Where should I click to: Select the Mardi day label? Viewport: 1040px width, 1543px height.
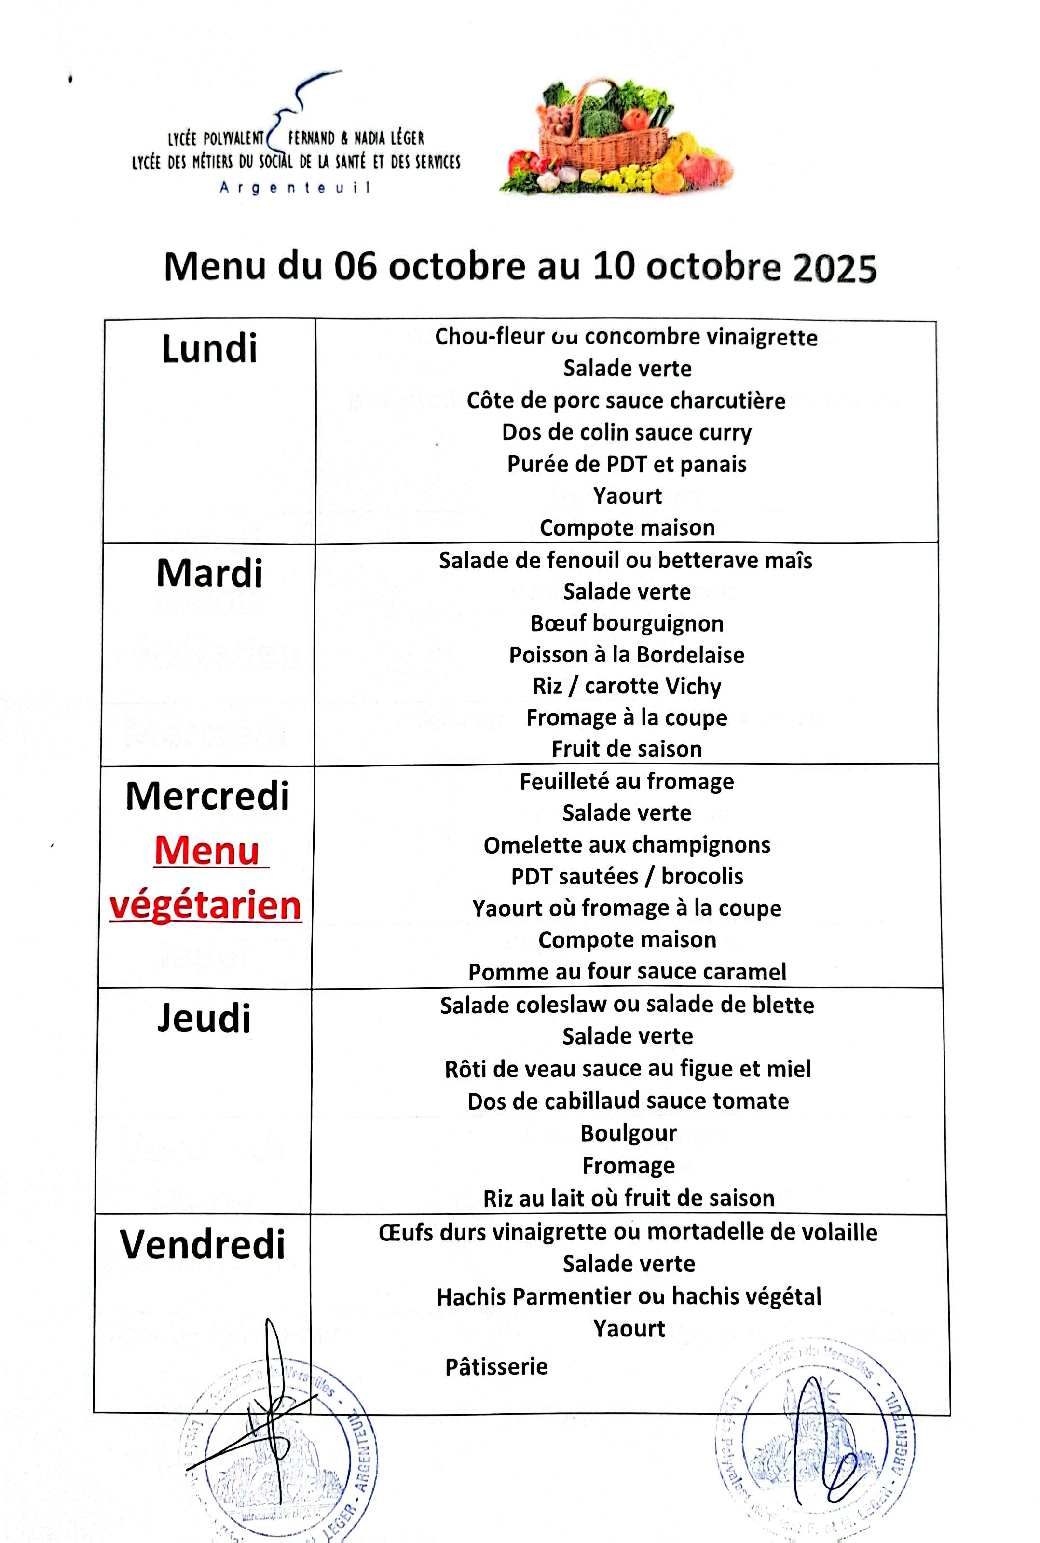click(x=209, y=573)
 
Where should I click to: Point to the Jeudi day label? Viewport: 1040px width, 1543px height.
click(x=205, y=1018)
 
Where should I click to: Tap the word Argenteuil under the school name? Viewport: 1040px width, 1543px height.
click(x=294, y=188)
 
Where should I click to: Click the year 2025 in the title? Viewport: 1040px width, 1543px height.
click(x=835, y=268)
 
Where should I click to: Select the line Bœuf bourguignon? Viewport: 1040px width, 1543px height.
click(x=627, y=623)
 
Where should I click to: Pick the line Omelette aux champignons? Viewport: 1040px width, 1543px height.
click(x=627, y=845)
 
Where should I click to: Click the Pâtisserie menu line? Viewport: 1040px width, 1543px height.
click(x=496, y=1366)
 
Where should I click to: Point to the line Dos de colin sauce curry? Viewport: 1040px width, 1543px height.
click(x=627, y=432)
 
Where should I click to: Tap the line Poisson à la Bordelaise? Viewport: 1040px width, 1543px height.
click(x=627, y=655)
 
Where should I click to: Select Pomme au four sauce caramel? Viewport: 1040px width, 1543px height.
click(x=627, y=972)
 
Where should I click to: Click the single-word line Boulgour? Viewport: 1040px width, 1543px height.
click(x=628, y=1133)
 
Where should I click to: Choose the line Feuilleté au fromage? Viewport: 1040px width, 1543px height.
click(x=627, y=782)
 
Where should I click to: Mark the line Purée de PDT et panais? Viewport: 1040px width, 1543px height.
click(x=627, y=464)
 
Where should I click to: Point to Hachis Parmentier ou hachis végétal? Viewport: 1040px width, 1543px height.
click(x=628, y=1296)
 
